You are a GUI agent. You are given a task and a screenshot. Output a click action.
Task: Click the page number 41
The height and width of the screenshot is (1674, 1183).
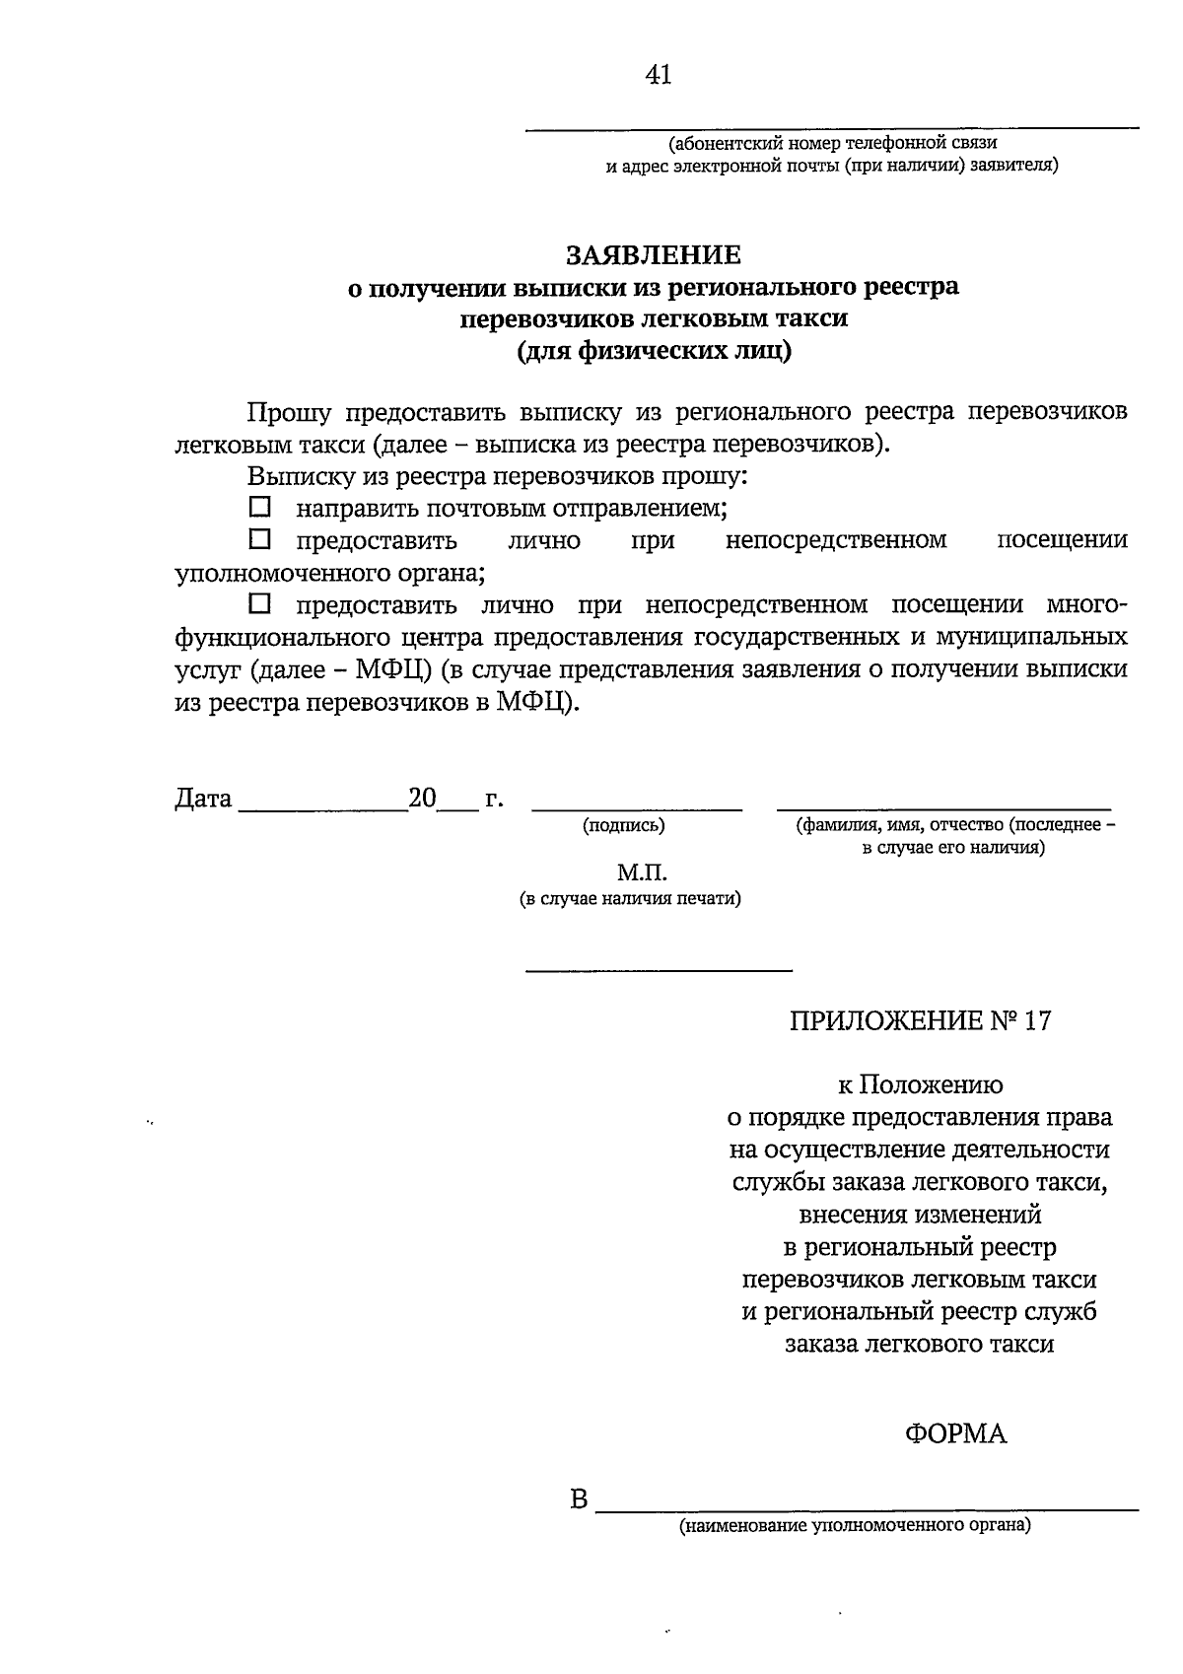(659, 75)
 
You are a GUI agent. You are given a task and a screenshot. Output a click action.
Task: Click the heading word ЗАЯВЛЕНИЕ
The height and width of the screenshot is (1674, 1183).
(653, 255)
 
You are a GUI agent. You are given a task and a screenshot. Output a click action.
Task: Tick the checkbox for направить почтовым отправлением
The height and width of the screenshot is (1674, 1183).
(259, 508)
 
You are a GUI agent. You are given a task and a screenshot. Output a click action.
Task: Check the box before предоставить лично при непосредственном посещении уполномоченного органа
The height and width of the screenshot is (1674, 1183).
(259, 539)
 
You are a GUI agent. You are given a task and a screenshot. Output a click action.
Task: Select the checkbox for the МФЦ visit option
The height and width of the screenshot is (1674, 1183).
(259, 603)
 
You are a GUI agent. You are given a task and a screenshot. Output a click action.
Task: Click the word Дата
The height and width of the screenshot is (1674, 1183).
(203, 799)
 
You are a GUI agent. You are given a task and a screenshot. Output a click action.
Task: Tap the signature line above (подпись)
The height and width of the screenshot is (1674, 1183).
(636, 808)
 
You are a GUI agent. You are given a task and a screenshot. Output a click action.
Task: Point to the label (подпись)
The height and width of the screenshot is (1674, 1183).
(623, 826)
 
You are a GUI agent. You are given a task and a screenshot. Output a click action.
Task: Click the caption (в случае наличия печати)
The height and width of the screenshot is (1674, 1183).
(631, 898)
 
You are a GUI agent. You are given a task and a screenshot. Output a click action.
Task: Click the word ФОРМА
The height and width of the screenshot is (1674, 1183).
(955, 1433)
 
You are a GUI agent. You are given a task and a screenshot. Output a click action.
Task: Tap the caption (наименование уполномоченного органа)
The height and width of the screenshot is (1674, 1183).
(854, 1526)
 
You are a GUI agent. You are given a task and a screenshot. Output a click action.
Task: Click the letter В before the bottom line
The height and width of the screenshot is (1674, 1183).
(579, 1501)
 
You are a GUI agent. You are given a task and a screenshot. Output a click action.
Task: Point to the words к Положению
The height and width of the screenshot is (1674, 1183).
(920, 1085)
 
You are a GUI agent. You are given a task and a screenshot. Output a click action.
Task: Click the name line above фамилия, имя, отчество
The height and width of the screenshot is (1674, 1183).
(943, 808)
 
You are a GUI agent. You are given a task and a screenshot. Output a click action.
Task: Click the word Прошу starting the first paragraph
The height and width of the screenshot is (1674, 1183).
(290, 411)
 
